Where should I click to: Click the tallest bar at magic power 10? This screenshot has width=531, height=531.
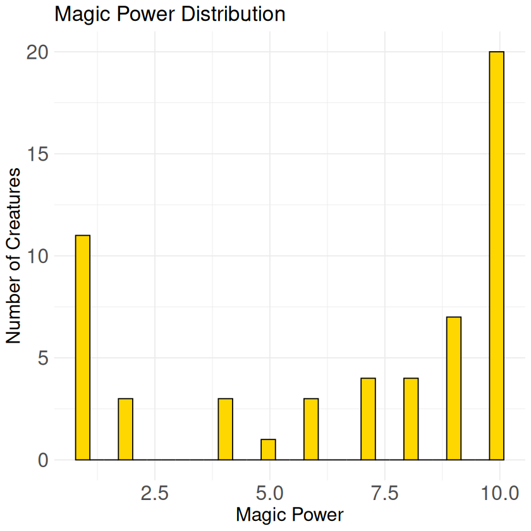[496, 255]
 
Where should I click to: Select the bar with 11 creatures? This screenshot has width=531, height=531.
[82, 347]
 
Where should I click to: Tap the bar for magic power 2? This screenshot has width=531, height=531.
[125, 429]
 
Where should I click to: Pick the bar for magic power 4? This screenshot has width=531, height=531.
[225, 429]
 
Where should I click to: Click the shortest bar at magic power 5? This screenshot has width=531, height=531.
[268, 449]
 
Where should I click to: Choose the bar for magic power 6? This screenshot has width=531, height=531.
[311, 429]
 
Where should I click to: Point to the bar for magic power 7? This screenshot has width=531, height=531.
[368, 419]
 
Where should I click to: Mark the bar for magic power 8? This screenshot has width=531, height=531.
[411, 419]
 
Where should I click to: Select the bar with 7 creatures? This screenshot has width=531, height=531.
[453, 388]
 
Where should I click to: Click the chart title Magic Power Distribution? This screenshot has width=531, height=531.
[170, 14]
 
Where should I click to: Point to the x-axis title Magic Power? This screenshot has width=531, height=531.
[290, 515]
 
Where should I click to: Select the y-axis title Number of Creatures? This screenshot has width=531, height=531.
[15, 255]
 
